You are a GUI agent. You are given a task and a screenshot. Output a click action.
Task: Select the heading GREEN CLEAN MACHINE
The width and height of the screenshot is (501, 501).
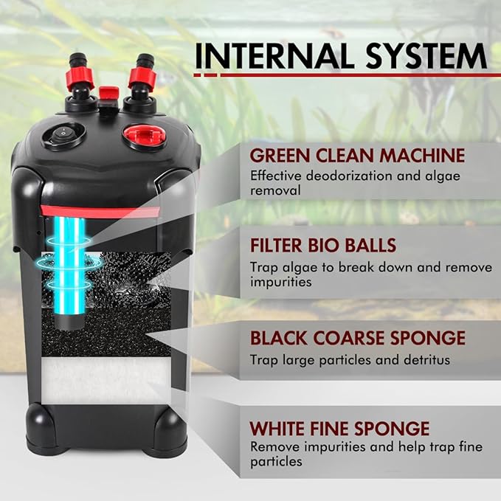point(357,156)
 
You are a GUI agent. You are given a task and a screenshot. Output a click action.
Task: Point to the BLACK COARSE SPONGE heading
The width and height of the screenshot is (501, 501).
point(357,339)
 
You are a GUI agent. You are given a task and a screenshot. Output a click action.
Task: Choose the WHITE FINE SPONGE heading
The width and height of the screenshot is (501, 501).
point(339,428)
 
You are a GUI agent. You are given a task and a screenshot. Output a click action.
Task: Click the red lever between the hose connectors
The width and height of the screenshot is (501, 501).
point(110,94)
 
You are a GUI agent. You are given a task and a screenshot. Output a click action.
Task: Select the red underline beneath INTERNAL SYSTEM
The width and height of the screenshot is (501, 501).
point(339,75)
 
